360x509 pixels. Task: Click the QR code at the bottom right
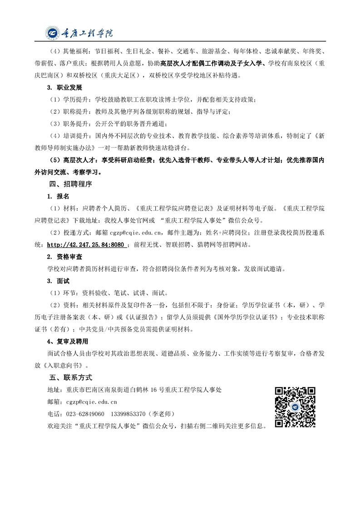tap(295, 406)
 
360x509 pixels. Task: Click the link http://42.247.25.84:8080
tap(86, 245)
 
